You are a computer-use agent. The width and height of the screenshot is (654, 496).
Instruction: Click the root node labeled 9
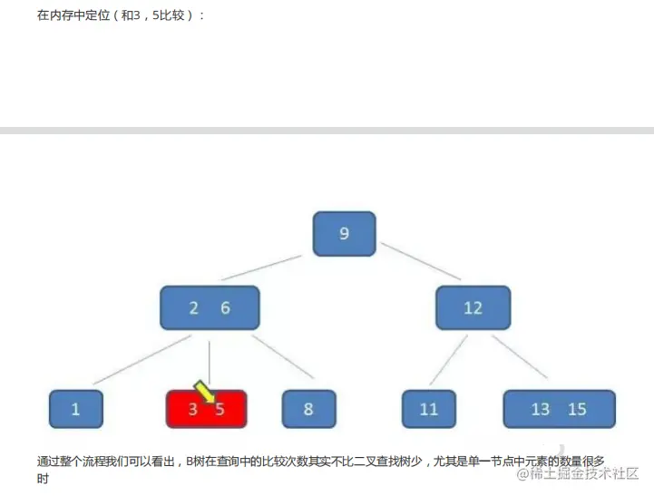[x=344, y=234]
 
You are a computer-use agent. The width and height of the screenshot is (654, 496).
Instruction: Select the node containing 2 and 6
[x=210, y=308]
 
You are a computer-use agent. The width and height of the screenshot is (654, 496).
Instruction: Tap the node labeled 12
[x=473, y=308]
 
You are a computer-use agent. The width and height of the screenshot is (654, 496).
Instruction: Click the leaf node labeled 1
[x=75, y=409]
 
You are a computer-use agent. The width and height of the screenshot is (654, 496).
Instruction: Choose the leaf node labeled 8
[x=308, y=409]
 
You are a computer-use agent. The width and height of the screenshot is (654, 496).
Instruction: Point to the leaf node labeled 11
[x=429, y=409]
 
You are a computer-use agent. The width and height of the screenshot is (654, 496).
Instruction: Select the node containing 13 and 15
[x=559, y=409]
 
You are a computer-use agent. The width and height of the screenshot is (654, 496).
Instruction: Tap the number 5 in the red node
[x=220, y=410]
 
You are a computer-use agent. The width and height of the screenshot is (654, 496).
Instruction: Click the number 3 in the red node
[x=192, y=410]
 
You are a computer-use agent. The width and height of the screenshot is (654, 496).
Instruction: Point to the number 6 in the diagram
[x=225, y=308]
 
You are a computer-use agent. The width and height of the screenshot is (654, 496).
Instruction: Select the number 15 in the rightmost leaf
[x=577, y=409]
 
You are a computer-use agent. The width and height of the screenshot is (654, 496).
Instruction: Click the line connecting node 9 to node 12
[x=421, y=261]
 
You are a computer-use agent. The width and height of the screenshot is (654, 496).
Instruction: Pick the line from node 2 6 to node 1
[x=141, y=359]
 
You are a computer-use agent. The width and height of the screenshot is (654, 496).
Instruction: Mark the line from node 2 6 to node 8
[x=283, y=356]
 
